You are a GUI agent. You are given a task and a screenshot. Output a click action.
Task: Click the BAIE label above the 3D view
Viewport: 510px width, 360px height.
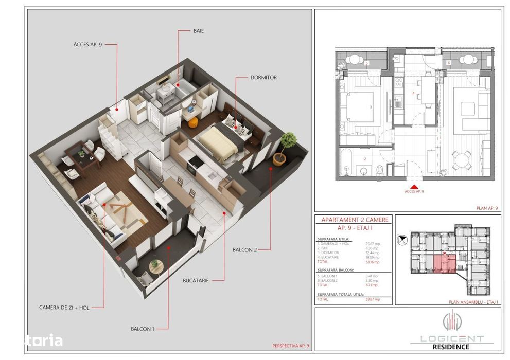tap(199, 31)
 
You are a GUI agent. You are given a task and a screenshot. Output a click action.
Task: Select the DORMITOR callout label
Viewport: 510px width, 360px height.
tap(263, 78)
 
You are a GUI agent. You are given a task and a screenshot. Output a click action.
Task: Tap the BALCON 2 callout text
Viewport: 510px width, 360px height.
tap(244, 250)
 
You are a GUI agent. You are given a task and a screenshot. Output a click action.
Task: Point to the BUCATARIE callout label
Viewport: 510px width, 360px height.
tap(196, 281)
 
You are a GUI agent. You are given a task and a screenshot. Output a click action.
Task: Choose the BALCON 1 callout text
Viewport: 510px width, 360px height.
tap(142, 328)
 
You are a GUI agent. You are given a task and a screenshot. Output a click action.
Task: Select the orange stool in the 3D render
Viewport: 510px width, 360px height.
tap(192, 122)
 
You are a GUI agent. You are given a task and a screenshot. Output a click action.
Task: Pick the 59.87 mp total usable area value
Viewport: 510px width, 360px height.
tap(373, 299)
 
